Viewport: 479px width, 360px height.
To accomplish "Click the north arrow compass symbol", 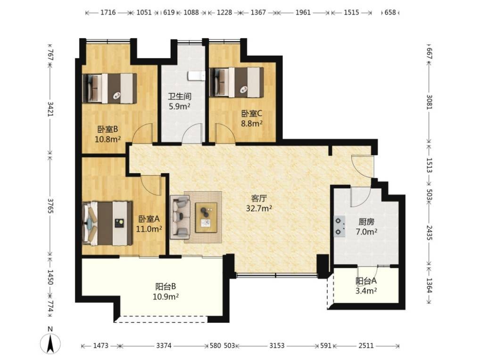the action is pyautogui.click(x=50, y=343).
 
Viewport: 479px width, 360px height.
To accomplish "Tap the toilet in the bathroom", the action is pyautogui.click(x=197, y=75).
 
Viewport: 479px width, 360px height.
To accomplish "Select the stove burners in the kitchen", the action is pyautogui.click(x=339, y=226).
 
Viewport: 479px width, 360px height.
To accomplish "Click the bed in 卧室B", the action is pyautogui.click(x=109, y=88).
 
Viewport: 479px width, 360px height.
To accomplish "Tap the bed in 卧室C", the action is pyautogui.click(x=237, y=82).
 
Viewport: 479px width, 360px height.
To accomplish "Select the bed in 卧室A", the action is pyautogui.click(x=107, y=223).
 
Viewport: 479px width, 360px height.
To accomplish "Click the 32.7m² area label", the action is pyautogui.click(x=259, y=209).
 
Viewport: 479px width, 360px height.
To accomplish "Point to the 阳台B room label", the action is pyautogui.click(x=165, y=287).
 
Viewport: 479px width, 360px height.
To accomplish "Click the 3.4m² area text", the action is pyautogui.click(x=366, y=291).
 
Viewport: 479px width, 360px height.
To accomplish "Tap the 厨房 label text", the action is pyautogui.click(x=366, y=222).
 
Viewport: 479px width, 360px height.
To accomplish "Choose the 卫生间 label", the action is pyautogui.click(x=180, y=97).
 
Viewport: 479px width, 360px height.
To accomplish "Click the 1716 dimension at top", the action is pyautogui.click(x=108, y=12).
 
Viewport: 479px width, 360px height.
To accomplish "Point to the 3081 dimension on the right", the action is pyautogui.click(x=429, y=102).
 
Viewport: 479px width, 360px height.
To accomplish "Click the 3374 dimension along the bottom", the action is pyautogui.click(x=164, y=346).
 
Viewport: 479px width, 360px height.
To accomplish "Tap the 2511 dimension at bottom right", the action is pyautogui.click(x=366, y=346).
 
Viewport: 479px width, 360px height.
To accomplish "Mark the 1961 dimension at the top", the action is pyautogui.click(x=303, y=12).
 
